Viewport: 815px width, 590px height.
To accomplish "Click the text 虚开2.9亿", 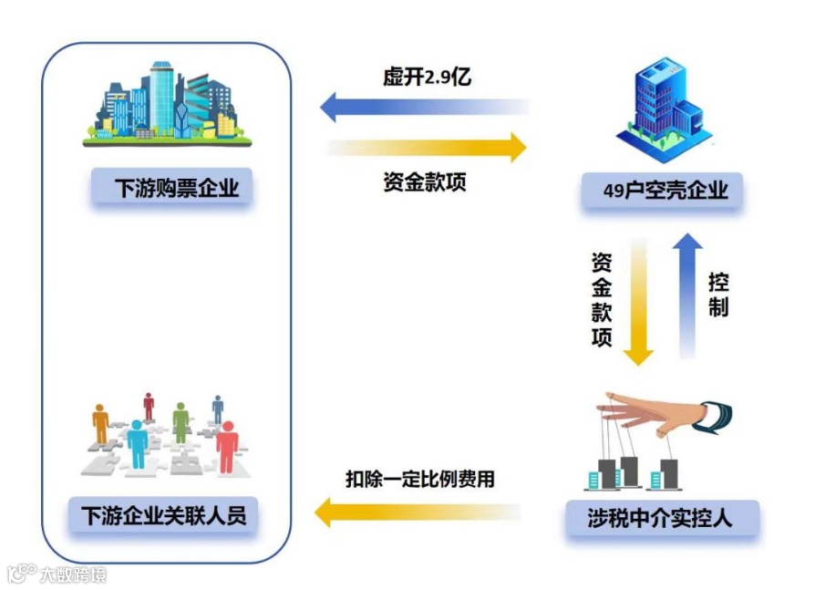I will (426, 77).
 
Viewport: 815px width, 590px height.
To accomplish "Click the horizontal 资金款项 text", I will (425, 181).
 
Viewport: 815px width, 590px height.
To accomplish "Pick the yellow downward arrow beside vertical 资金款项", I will (638, 301).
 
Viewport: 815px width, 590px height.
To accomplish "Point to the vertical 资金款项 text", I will (602, 300).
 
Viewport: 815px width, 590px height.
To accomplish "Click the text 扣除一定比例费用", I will (419, 478).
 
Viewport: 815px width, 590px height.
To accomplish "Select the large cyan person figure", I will (138, 443).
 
